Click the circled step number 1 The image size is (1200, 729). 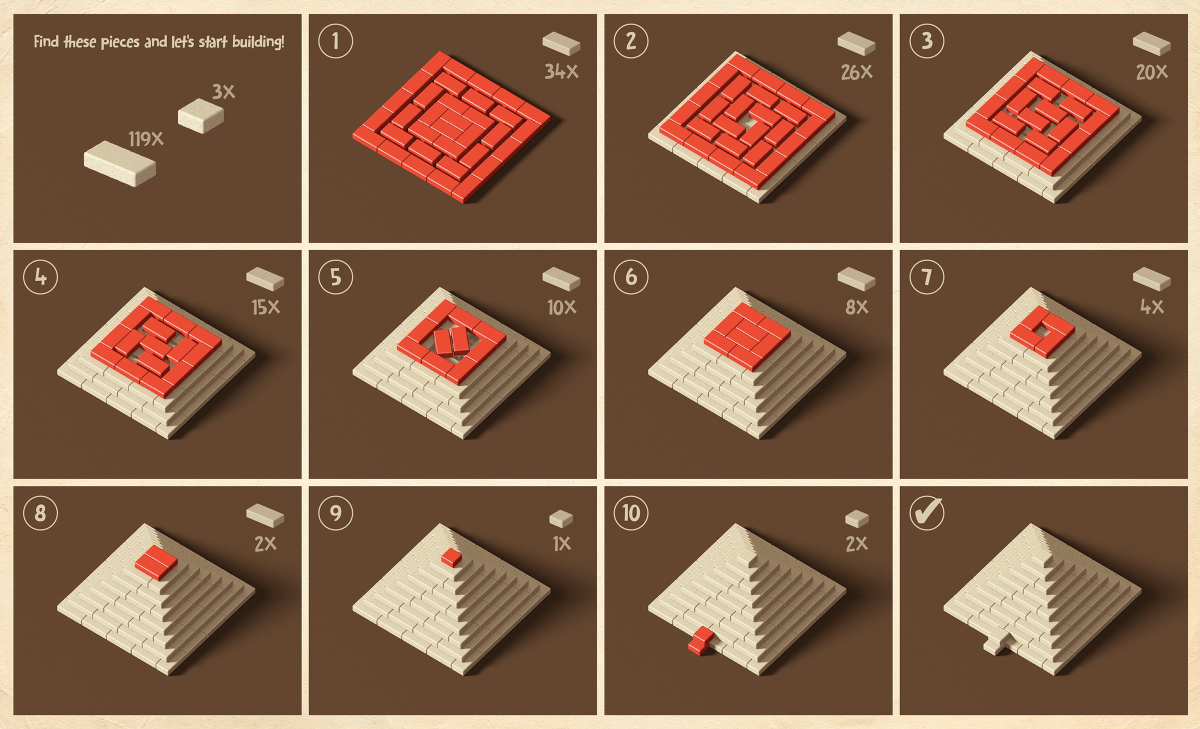(x=335, y=41)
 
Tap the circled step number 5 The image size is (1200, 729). (x=335, y=277)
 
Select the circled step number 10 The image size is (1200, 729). (x=631, y=513)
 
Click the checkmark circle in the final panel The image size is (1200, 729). (x=927, y=513)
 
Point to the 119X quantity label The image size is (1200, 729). (x=145, y=139)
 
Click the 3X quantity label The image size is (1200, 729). (x=223, y=91)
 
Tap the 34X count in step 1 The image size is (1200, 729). (x=561, y=72)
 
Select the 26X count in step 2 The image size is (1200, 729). (x=856, y=72)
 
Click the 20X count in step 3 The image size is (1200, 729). (x=1152, y=72)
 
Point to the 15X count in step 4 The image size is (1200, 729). (x=265, y=307)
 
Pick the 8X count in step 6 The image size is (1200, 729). (x=856, y=307)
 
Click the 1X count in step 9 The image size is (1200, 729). (x=561, y=544)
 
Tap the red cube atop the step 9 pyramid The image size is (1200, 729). (x=451, y=557)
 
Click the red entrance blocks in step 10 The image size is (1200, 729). (x=701, y=640)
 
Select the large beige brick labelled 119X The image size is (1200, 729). (x=120, y=163)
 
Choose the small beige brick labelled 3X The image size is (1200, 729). (x=201, y=116)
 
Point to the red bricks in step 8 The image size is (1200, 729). (x=156, y=563)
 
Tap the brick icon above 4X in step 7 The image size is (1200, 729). (x=1151, y=279)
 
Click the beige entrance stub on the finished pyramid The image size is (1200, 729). (x=995, y=646)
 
